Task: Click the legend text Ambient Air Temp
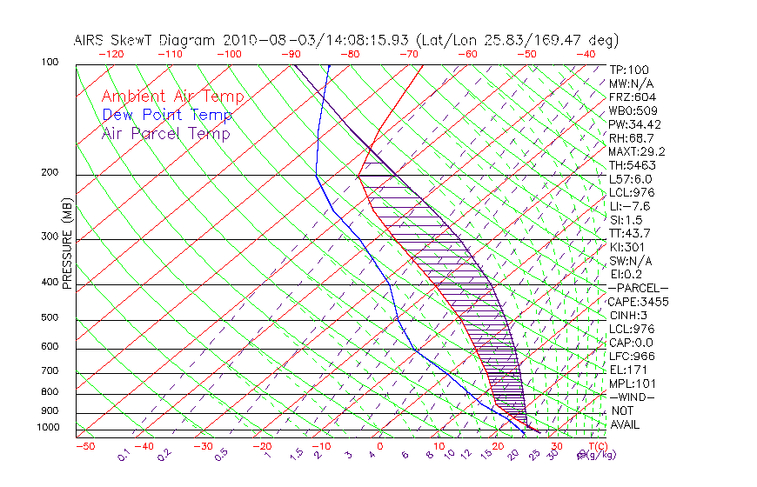[172, 97]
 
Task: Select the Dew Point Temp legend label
[167, 115]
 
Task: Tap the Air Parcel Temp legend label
[165, 133]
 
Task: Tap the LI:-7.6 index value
[629, 206]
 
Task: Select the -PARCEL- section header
[639, 288]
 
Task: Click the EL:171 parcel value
[628, 370]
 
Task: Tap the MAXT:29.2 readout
[636, 151]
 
